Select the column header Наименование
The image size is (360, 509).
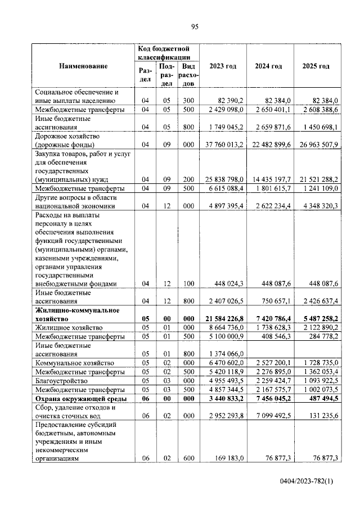tap(83, 66)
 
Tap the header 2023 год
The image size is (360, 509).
tap(223, 66)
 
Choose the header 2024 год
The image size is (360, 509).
tap(268, 66)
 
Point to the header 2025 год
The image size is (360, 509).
tap(316, 66)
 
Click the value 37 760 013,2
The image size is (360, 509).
tap(224, 144)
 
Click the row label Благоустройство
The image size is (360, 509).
tap(61, 381)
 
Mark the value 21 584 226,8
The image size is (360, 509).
tap(224, 318)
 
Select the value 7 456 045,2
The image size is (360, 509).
tap(271, 399)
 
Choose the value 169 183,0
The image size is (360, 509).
tap(229, 458)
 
